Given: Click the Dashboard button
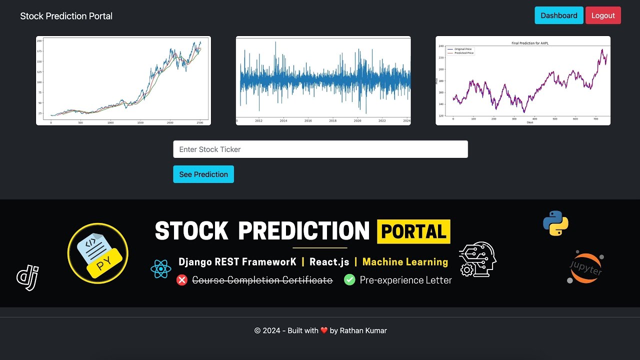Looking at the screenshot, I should coord(559,15).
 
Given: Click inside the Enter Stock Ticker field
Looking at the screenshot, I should coord(320,149).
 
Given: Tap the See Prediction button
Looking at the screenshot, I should coord(203,174).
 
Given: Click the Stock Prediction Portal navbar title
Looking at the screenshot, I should coord(66,16).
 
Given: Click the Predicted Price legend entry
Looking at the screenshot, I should coord(463,53).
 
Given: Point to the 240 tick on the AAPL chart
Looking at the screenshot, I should coord(441,46).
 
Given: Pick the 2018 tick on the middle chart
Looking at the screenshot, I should coord(333,121).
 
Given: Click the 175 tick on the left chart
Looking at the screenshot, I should coord(39,61).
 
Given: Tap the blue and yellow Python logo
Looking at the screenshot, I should coord(555,223).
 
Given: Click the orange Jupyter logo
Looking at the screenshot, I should coord(585,267).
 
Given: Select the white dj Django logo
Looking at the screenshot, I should coord(27,277).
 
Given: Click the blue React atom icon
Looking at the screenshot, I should coord(160,269).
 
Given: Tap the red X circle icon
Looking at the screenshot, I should coord(182,280).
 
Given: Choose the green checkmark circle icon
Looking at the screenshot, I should coord(349,280).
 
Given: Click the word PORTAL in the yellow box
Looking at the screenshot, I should coord(413,231).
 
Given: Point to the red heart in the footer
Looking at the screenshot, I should coord(324,330).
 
